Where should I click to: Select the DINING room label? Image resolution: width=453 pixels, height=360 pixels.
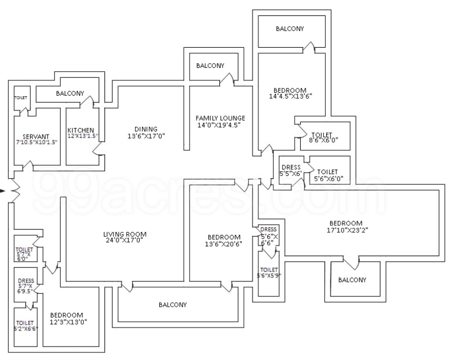(x=146, y=129)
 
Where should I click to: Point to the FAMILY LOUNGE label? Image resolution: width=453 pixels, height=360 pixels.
(x=220, y=118)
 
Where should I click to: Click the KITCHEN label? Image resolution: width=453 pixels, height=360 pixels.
(x=80, y=130)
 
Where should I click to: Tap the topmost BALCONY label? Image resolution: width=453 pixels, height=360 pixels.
(x=290, y=29)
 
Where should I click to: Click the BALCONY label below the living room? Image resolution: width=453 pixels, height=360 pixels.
(x=173, y=305)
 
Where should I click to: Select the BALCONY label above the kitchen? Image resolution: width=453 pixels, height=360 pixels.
(x=70, y=93)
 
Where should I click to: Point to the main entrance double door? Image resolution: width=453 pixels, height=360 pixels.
(x=13, y=191)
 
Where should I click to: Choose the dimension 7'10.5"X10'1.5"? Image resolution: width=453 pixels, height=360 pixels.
(x=37, y=143)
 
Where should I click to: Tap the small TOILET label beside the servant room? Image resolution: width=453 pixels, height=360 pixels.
(x=20, y=97)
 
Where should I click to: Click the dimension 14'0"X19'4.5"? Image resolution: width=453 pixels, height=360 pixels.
(x=220, y=125)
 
